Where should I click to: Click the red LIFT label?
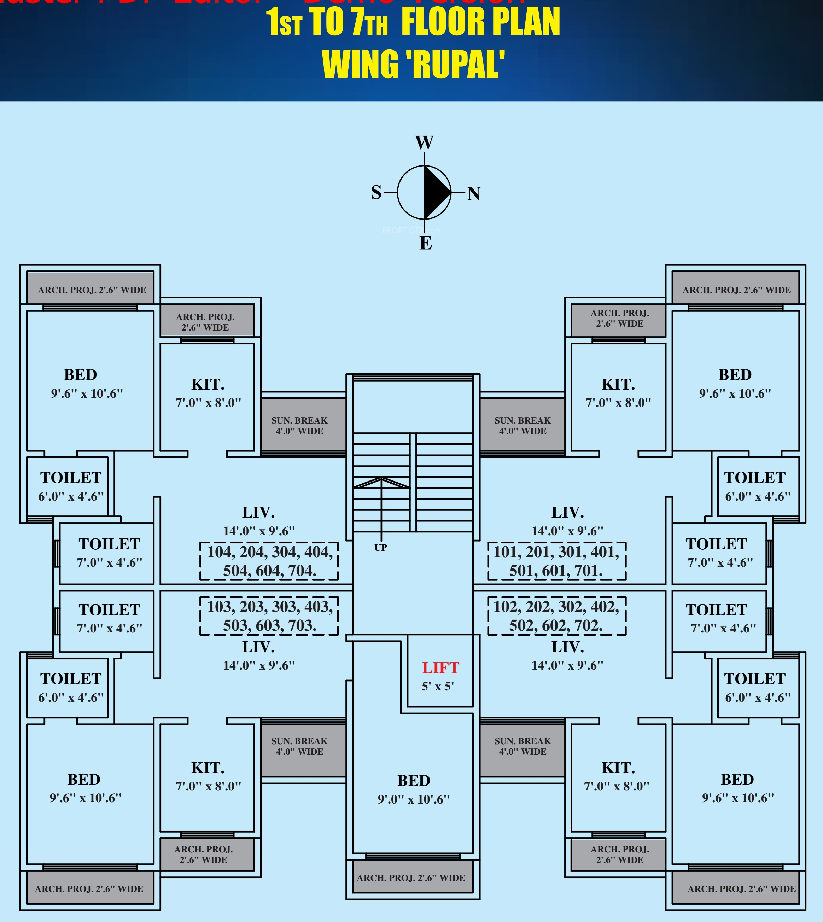[440, 668]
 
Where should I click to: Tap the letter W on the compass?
[424, 143]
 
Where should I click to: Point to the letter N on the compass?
[473, 194]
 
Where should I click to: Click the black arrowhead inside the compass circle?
[436, 192]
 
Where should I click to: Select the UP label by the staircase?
[380, 548]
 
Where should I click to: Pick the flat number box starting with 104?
[269, 561]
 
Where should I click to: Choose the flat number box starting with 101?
[557, 561]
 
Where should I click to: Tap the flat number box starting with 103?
[269, 616]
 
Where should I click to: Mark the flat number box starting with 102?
[557, 616]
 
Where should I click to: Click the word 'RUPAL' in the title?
[452, 65]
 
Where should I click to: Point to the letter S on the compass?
[376, 193]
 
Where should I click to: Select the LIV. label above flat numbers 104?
[258, 512]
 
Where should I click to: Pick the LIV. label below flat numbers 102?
[567, 647]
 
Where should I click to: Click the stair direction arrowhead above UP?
[381, 482]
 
